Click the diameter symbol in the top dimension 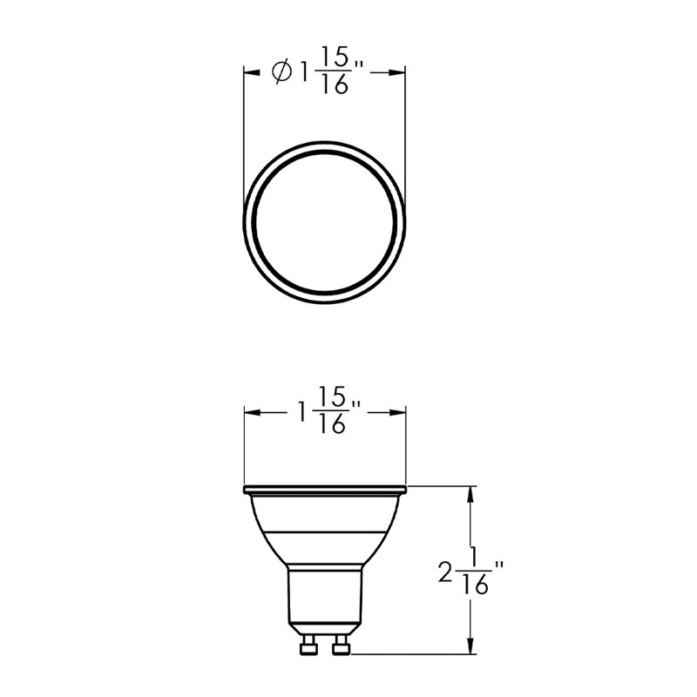[281, 72]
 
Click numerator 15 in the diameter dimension [335, 58]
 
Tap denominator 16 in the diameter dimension [335, 84]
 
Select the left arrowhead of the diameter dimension [252, 72]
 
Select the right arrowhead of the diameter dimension [396, 72]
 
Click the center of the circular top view [324, 222]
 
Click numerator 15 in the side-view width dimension [333, 397]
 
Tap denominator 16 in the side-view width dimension [333, 423]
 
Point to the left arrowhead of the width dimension [253, 412]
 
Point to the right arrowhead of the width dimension [397, 412]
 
